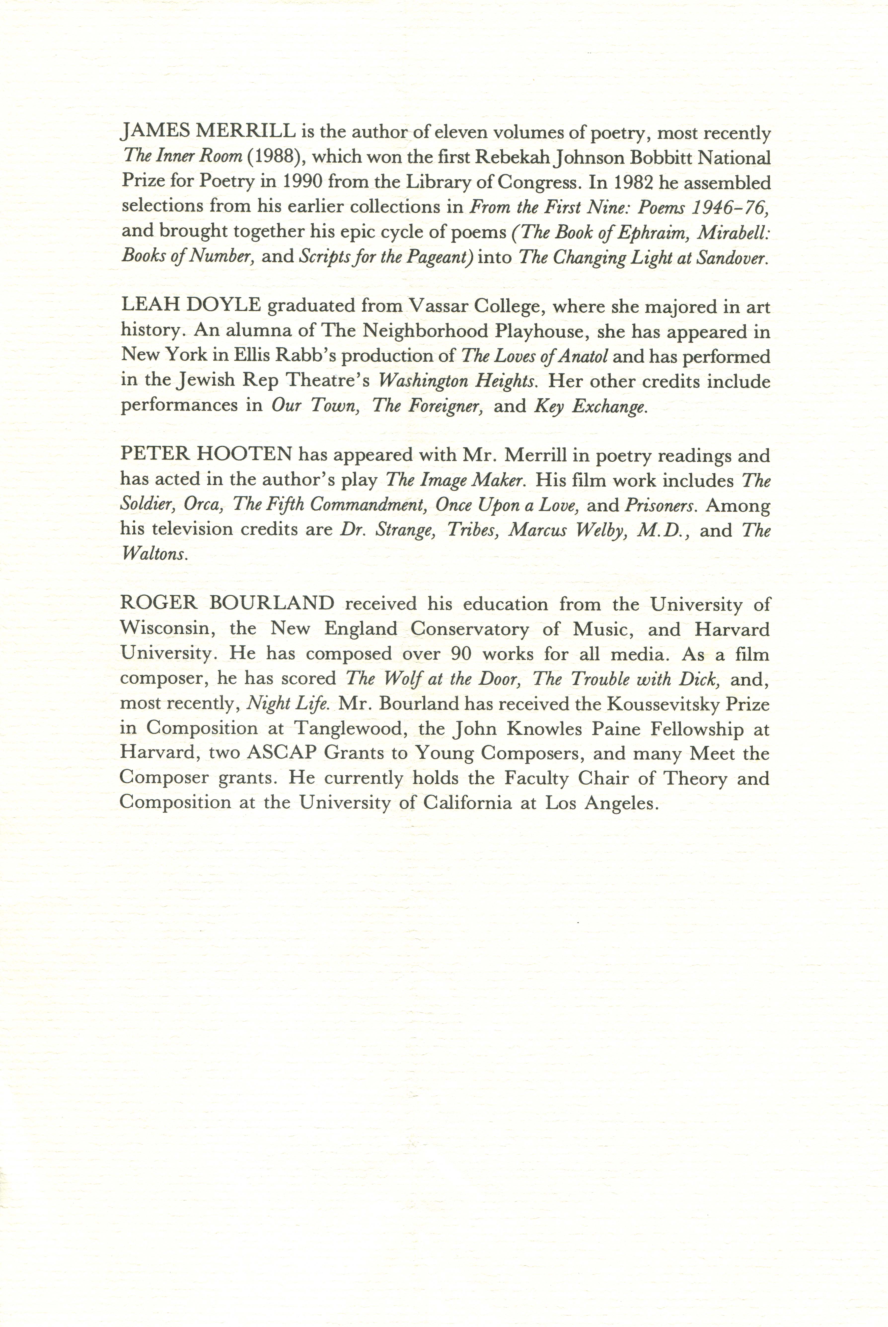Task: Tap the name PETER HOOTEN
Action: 206,455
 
